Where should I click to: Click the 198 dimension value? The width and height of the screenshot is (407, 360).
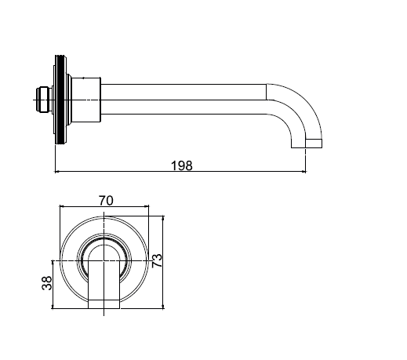click(182, 165)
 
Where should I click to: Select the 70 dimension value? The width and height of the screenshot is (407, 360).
click(106, 201)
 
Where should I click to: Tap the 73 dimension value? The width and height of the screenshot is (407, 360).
click(157, 260)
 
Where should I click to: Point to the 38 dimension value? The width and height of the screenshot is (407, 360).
click(47, 283)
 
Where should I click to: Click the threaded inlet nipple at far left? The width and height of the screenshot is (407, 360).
click(44, 100)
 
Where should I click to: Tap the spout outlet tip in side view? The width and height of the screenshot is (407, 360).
click(307, 144)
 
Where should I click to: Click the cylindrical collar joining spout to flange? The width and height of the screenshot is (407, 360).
click(86, 100)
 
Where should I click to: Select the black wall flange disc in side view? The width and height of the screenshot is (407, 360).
click(60, 100)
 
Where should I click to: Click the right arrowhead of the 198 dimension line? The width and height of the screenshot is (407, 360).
click(303, 172)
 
